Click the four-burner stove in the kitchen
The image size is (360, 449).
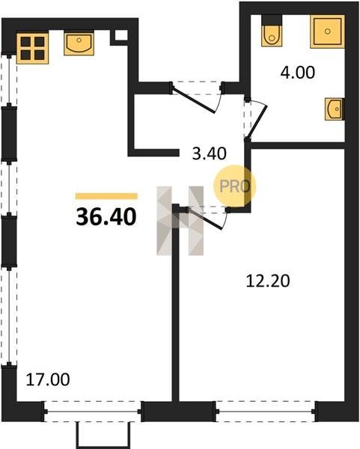coord(32,49)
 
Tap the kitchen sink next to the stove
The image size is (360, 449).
coord(79,44)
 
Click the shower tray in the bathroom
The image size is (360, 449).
coord(327,31)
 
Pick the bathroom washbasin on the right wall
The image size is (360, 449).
coord(335,109)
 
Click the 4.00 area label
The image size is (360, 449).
coord(298,73)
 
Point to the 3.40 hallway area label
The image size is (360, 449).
coord(209,153)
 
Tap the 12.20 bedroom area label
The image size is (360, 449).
coord(268,281)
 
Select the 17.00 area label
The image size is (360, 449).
coord(48,379)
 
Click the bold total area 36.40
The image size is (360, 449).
coord(106,217)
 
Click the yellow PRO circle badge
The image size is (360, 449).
coord(235,186)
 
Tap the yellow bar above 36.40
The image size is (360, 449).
coord(106,196)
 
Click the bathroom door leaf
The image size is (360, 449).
coord(257,122)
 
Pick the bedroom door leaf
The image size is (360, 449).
coord(205,219)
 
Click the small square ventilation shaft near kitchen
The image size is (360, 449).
coord(121,35)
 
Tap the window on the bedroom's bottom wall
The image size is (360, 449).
coord(266,412)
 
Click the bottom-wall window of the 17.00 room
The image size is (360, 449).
coord(93,412)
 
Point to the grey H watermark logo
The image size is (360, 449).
coord(180,221)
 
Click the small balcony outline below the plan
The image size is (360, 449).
coord(103,436)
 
